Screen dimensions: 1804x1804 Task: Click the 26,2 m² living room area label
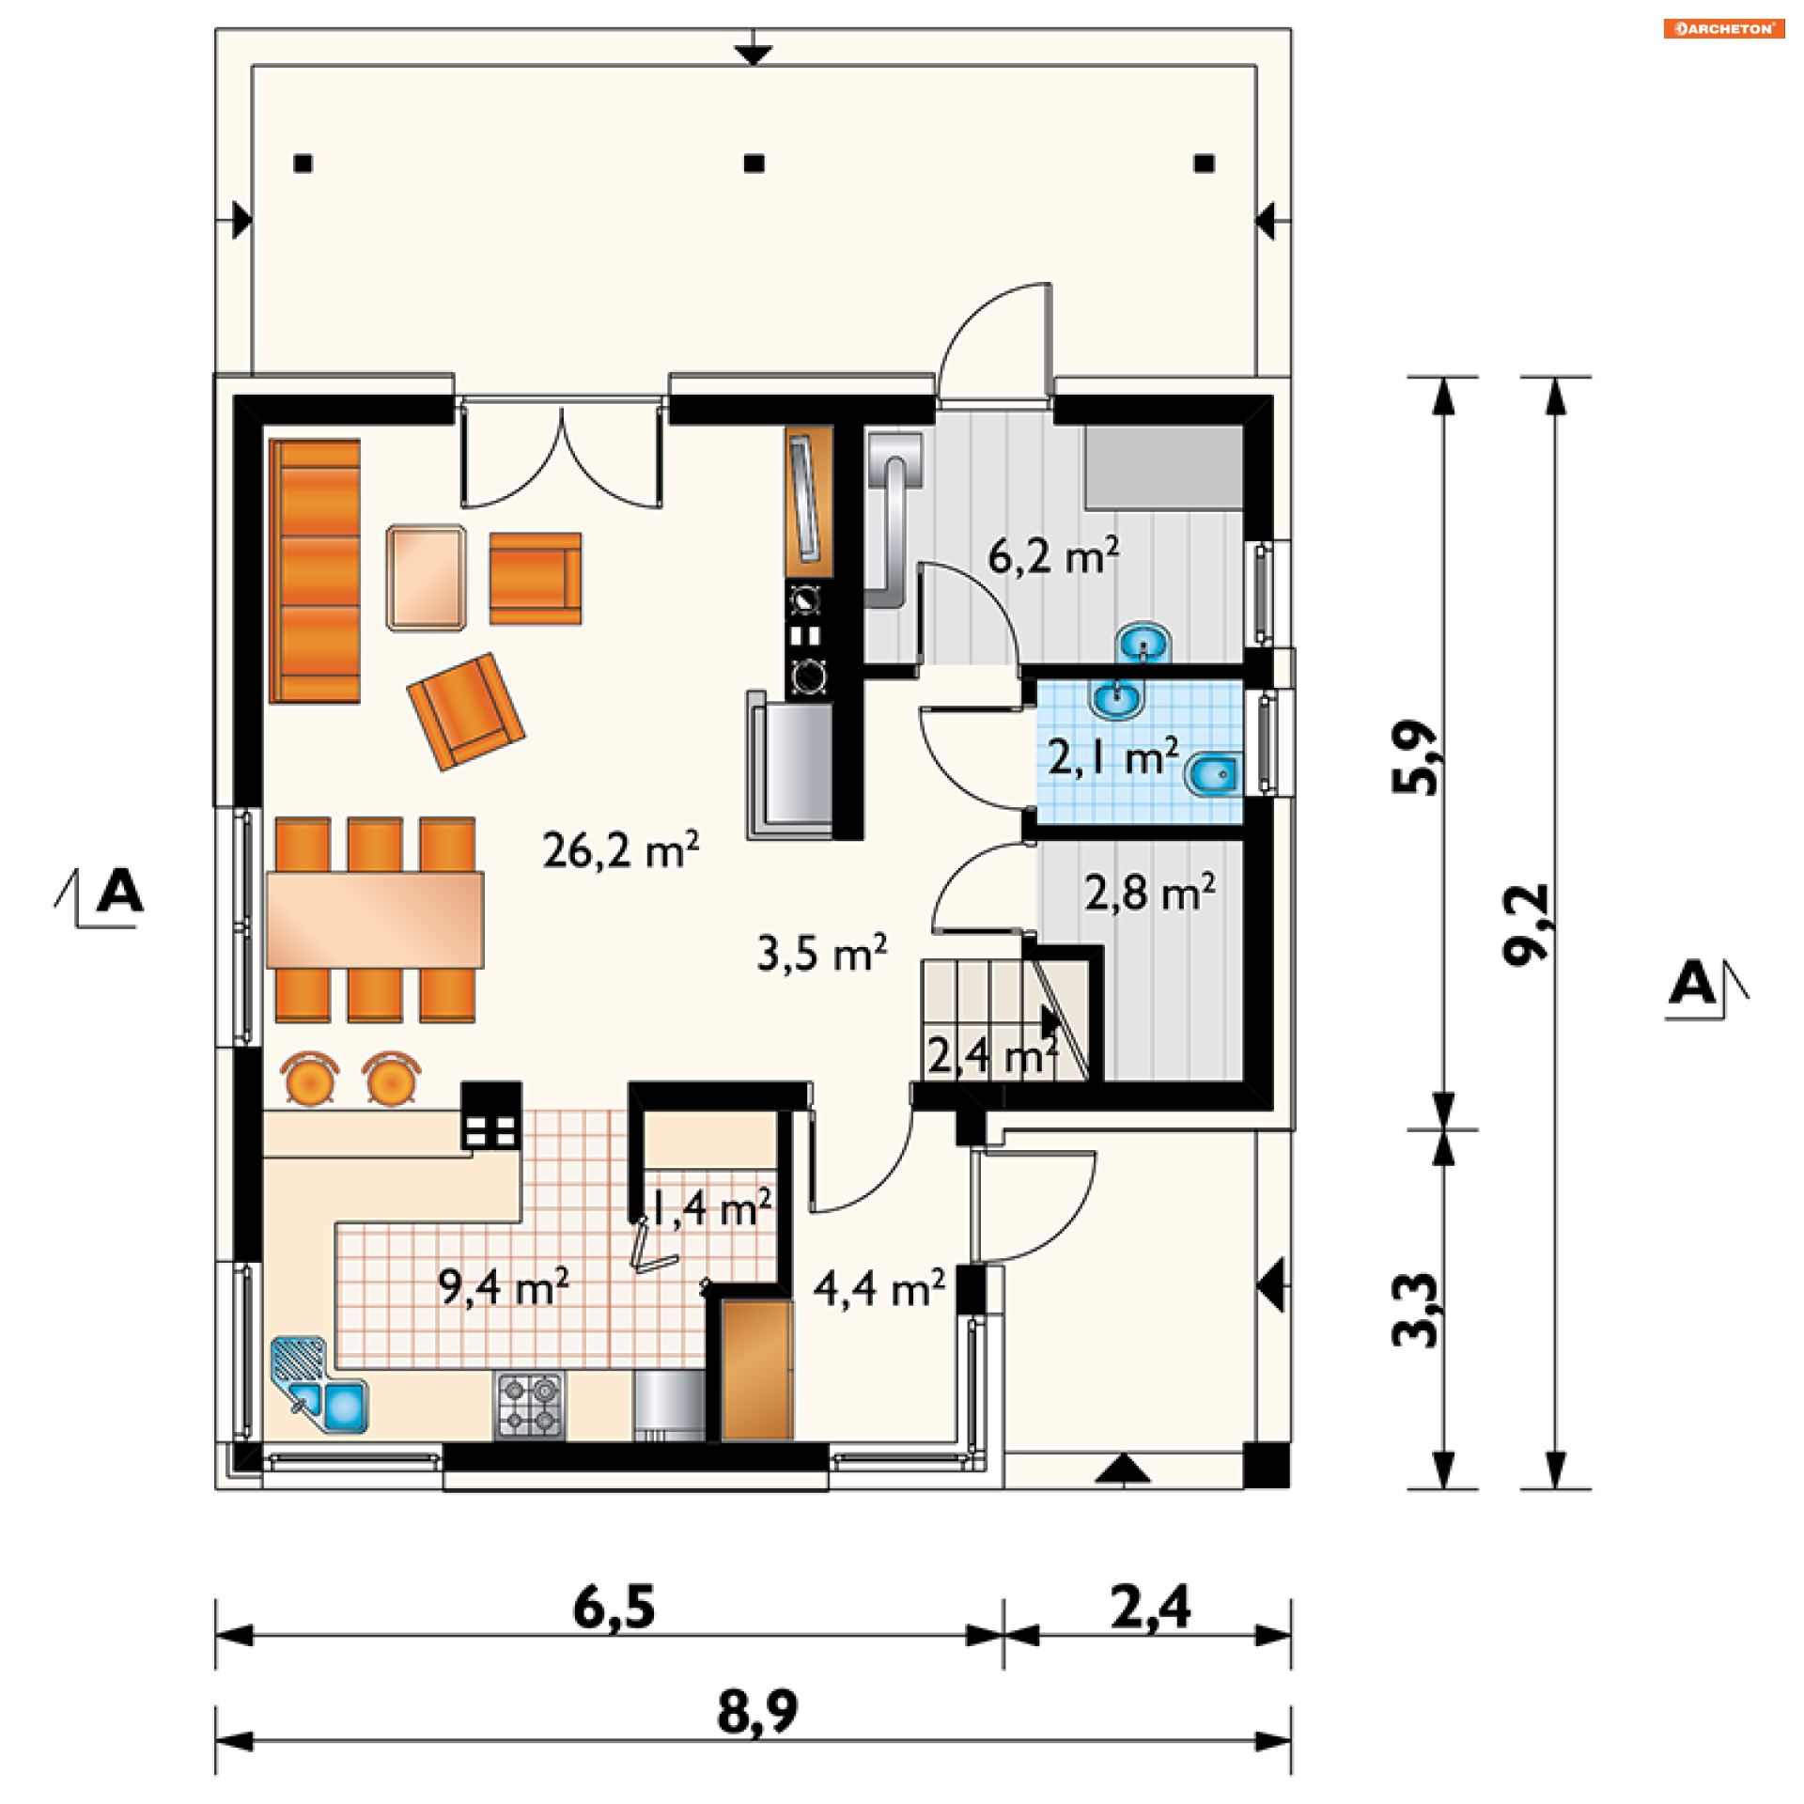(620, 849)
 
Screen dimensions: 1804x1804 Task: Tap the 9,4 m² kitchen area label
(504, 1286)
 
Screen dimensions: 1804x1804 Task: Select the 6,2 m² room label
(1053, 555)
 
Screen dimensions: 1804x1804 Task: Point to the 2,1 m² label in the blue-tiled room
(1113, 756)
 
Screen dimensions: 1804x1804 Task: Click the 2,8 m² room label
(1150, 892)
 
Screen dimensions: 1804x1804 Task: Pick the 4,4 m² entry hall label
(879, 1288)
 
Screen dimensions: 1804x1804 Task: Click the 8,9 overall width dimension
(757, 1711)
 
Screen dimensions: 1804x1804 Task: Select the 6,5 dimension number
(614, 1608)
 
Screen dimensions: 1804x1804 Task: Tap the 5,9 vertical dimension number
(1415, 757)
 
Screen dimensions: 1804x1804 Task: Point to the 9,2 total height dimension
(1524, 925)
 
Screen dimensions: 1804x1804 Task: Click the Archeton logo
(1724, 28)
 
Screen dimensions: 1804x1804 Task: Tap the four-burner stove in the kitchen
(530, 1405)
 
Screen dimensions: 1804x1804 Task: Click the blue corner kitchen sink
(319, 1386)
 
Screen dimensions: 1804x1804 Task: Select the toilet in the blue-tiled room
(1213, 775)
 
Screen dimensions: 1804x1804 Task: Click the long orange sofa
(315, 570)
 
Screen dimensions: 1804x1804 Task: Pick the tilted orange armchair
(466, 711)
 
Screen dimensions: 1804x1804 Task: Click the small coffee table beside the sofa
(427, 578)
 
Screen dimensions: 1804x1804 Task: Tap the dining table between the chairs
(375, 920)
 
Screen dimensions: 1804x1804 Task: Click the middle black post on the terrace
(754, 163)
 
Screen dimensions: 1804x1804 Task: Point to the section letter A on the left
(120, 890)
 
